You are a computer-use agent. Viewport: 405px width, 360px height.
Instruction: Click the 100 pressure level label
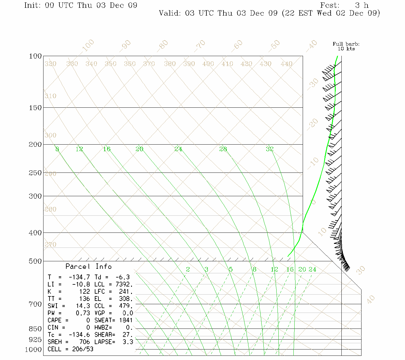pos(35,56)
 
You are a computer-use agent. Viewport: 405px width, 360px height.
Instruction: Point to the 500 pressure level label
pos(35,261)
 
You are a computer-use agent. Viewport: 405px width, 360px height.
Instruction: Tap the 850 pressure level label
pos(35,329)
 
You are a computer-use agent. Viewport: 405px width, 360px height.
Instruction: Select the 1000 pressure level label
pos(33,349)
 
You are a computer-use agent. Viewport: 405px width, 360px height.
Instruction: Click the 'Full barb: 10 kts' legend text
pos(346,46)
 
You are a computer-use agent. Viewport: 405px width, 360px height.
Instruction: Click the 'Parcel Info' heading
pos(88,266)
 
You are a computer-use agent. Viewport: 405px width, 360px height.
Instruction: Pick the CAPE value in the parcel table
pos(88,320)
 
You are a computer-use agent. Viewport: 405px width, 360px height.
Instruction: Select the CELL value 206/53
pos(82,349)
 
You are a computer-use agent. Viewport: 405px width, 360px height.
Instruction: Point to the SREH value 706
pos(85,342)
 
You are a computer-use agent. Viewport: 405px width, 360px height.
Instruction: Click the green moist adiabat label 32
pos(270,149)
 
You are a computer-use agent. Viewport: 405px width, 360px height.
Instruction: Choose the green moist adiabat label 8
pos(57,149)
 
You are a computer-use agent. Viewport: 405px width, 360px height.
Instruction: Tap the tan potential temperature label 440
pos(286,64)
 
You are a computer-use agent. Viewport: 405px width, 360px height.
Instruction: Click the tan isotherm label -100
pos(88,45)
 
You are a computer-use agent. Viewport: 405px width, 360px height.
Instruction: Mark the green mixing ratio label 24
pos(312,269)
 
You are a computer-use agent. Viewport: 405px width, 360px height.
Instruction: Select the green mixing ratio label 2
pos(188,269)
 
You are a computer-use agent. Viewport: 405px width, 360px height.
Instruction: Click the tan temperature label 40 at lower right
pos(371,299)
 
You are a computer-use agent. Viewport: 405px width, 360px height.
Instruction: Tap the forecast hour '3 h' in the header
pos(361,5)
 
